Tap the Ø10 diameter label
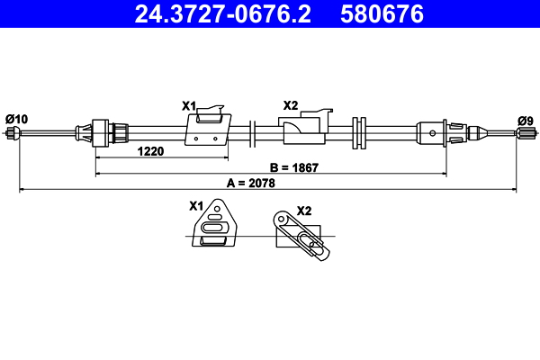point(16,118)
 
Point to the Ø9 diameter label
point(525,120)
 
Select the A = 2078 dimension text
point(250,183)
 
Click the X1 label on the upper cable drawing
point(189,106)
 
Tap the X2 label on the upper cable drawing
point(290,105)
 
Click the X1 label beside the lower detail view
point(196,205)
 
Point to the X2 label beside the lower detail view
point(303,211)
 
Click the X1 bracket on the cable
point(208,127)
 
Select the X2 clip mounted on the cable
point(306,129)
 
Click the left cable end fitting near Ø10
point(13,134)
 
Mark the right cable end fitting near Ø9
point(523,134)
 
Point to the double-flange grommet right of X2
point(361,133)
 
